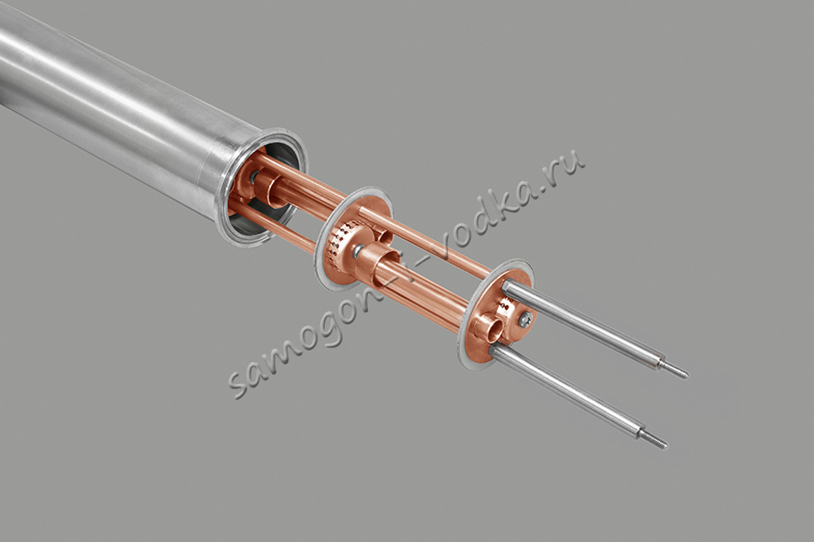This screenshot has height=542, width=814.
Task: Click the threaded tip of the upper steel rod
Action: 676,369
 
